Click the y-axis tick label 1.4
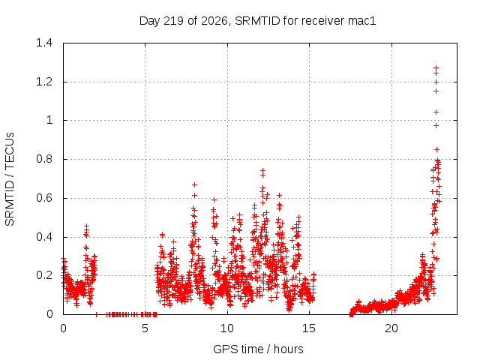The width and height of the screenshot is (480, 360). (44, 43)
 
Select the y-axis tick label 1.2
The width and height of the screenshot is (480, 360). (44, 82)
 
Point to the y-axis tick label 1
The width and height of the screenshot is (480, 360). (49, 120)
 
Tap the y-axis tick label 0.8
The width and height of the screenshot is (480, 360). (44, 159)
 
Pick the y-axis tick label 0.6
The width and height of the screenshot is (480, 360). (44, 198)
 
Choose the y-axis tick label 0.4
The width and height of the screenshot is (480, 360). (44, 237)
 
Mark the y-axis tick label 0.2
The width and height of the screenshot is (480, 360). (44, 275)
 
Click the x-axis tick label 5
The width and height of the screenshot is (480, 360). (145, 328)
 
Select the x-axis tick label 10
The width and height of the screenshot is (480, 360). (227, 328)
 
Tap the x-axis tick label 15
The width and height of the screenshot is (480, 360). (309, 328)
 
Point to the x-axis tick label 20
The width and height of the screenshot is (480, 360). (391, 328)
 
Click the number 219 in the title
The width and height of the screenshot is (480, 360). (173, 21)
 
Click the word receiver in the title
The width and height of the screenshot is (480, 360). (322, 21)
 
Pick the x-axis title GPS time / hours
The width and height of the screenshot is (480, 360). (258, 349)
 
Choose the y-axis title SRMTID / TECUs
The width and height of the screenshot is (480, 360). (10, 179)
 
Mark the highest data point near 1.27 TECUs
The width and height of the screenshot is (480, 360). (436, 67)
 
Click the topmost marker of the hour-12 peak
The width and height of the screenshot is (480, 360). (262, 170)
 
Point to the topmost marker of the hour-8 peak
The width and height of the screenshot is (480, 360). (194, 185)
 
